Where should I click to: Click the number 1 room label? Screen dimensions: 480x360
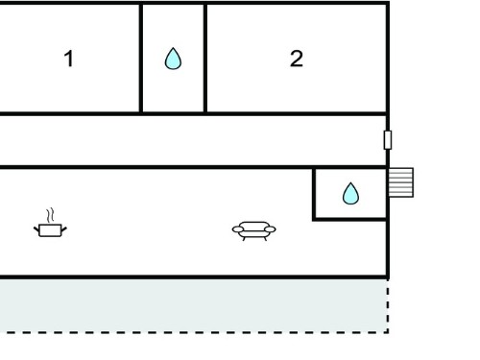coord(69,59)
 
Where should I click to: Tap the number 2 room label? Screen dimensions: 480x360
coord(297,59)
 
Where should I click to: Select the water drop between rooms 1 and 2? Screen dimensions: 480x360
coord(173,59)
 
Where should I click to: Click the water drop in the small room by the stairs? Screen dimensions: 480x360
coord(350,193)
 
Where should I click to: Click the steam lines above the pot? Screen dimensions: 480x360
coord(50,215)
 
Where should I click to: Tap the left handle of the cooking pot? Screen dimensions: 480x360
coord(36,229)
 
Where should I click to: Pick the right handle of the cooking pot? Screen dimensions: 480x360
coord(64,229)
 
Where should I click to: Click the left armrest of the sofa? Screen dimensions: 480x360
coord(238,229)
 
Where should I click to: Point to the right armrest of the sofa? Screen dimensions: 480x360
coord(270,229)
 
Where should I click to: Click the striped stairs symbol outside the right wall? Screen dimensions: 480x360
coord(401,182)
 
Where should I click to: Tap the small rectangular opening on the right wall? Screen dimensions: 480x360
coord(388,140)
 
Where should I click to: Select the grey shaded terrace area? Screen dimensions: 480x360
coord(194,305)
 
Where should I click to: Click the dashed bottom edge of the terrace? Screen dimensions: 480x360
coord(194,333)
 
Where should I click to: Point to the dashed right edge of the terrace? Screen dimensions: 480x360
coord(388,306)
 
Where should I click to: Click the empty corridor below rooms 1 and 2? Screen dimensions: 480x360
coord(193,141)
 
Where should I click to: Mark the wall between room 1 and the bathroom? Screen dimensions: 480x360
coord(141,59)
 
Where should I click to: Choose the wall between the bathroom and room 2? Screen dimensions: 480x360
coord(205,59)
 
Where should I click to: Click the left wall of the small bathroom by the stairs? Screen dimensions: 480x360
coord(314,194)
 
